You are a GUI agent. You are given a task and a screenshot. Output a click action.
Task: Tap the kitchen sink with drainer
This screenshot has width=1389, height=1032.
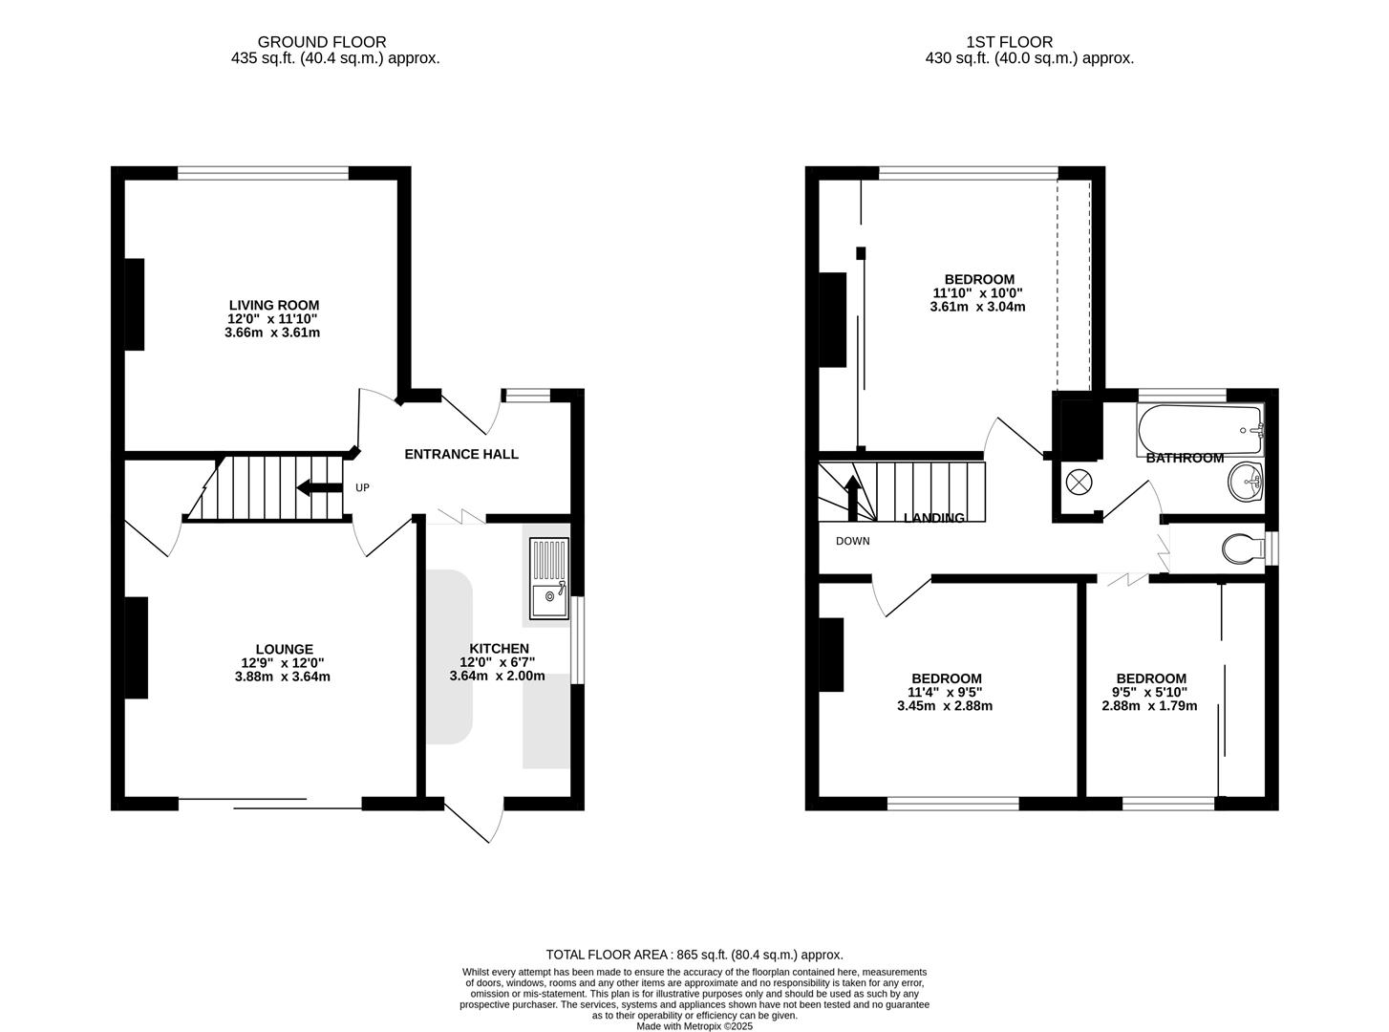(548, 578)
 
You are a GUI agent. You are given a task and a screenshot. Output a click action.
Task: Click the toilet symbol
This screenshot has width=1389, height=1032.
(1242, 548)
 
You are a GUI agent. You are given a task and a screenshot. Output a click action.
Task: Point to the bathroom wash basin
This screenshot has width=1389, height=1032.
(1245, 483)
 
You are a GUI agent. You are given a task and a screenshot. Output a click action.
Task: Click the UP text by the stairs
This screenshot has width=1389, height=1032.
(362, 488)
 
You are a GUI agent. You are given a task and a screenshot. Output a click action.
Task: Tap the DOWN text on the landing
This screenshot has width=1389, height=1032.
(852, 541)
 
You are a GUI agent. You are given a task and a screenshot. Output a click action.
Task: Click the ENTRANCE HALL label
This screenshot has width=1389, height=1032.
(461, 454)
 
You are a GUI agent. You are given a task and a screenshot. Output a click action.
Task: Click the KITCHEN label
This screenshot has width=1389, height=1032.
(499, 648)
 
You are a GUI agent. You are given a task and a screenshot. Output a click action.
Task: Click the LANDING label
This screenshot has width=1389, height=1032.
(933, 518)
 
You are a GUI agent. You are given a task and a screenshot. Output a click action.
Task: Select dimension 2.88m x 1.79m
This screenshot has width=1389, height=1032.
(1149, 706)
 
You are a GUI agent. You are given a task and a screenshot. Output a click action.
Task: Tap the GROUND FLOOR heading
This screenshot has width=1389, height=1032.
(322, 42)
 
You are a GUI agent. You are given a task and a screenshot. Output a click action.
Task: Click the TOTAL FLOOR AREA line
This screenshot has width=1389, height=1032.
(694, 954)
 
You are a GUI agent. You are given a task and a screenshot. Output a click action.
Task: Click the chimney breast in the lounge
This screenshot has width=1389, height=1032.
(137, 648)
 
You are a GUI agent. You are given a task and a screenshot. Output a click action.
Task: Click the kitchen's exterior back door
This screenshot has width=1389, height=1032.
(474, 821)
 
